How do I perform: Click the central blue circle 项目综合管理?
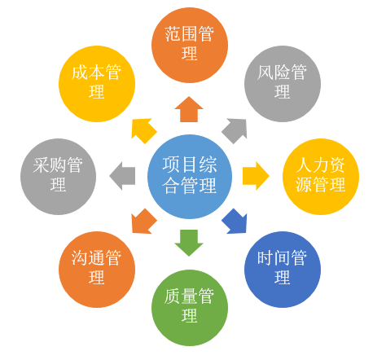click(190, 176)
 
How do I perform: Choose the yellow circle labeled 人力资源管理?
click(321, 176)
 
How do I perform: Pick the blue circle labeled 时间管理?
click(283, 269)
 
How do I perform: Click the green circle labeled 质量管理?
click(190, 307)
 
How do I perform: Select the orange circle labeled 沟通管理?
click(97, 269)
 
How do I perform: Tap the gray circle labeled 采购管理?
click(59, 176)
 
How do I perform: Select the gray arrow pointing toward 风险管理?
click(235, 130)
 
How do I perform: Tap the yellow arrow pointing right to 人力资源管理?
click(256, 176)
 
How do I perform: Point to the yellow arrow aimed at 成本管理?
click(143, 130)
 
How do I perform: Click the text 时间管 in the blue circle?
click(283, 259)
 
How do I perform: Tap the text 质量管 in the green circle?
click(190, 297)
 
